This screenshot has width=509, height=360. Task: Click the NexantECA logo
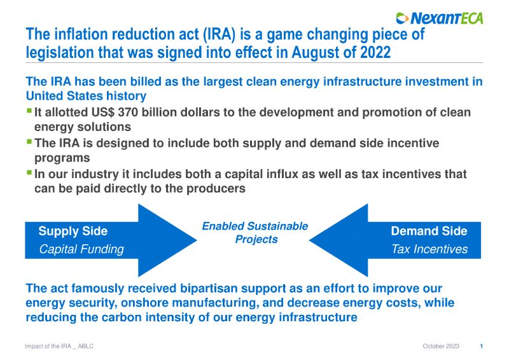[x=440, y=18]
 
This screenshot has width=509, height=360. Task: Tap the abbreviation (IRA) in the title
[x=219, y=34]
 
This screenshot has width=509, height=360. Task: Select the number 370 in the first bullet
[x=128, y=113]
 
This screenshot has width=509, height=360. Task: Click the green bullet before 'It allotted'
[x=29, y=111]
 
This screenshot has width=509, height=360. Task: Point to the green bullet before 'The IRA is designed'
[x=29, y=142]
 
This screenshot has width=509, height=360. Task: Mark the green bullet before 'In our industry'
[x=29, y=172]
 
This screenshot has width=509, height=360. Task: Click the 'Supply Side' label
[x=73, y=231]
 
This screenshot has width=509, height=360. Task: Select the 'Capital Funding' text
[x=81, y=249]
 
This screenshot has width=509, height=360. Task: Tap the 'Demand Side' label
[x=429, y=231]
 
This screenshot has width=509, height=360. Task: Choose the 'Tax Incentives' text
[x=429, y=249]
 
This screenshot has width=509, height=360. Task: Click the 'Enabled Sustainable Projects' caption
[x=255, y=233]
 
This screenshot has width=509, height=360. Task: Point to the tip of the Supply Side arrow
[x=197, y=240]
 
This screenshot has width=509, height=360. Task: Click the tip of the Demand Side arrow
[x=309, y=240]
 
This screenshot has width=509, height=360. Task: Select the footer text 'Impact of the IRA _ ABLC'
[x=59, y=347]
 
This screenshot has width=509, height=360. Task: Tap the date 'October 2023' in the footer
[x=441, y=346]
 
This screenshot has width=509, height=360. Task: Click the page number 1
[x=482, y=347]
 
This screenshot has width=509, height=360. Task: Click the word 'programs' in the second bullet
[x=62, y=158]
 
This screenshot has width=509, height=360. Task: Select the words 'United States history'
[x=86, y=96]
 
